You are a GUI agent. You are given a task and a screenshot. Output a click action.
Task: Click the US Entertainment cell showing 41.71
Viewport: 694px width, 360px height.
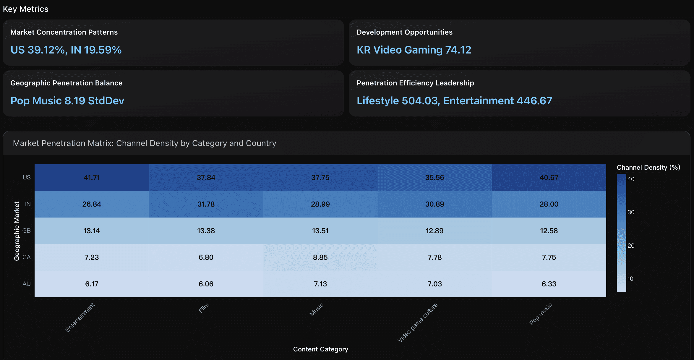click(92, 178)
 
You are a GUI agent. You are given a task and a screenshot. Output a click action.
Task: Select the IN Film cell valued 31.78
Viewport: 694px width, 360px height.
click(206, 204)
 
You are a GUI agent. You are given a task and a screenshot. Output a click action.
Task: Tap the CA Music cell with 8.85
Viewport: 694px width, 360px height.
click(320, 257)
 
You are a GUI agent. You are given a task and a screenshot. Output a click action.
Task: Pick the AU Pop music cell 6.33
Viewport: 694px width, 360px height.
click(549, 284)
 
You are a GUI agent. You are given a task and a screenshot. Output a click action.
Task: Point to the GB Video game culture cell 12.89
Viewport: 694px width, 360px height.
click(434, 231)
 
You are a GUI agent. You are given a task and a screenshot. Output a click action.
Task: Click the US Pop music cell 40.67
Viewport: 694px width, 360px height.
click(549, 178)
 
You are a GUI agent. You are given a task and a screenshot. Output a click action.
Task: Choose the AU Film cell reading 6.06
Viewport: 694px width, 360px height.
click(206, 284)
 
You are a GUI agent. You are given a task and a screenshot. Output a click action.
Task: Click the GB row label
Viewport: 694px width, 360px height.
click(26, 231)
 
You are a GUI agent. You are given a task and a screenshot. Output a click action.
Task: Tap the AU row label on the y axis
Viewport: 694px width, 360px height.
click(26, 284)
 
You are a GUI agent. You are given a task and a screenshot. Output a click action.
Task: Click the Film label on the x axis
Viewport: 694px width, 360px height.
click(204, 308)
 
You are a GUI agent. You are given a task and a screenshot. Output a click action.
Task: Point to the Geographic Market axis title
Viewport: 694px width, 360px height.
click(17, 231)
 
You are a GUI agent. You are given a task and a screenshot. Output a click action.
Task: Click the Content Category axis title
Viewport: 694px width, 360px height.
click(320, 349)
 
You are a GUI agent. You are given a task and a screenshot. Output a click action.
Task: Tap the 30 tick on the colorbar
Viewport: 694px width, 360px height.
click(631, 212)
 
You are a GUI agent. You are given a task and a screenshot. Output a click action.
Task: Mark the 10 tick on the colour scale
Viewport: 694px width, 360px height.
click(630, 279)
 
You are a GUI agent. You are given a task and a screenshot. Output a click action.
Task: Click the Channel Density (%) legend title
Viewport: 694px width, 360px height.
click(648, 168)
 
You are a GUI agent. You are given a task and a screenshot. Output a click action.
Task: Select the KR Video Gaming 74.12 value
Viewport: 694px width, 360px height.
click(414, 50)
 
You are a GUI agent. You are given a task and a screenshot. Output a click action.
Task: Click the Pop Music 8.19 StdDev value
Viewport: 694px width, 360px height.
click(67, 101)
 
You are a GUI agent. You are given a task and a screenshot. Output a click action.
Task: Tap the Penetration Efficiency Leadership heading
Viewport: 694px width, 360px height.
click(415, 83)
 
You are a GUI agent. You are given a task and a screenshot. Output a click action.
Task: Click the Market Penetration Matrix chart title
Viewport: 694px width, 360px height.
click(145, 143)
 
